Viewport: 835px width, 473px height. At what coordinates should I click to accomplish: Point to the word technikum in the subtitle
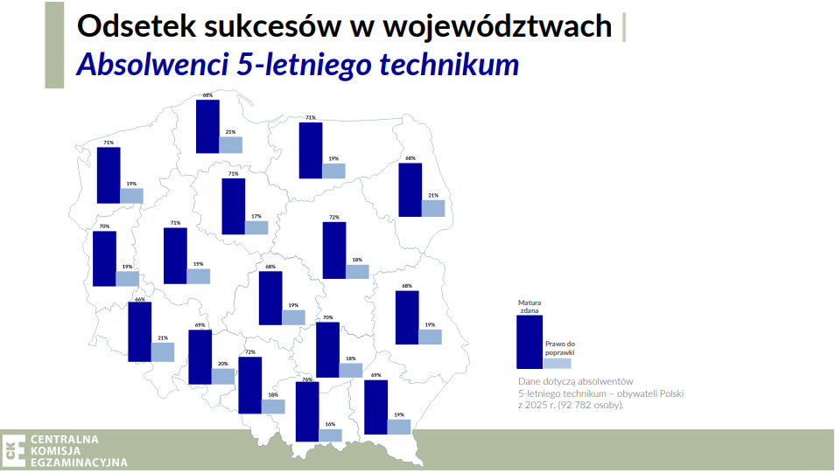pos(449,65)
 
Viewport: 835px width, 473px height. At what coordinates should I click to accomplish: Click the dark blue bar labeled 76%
pos(306,412)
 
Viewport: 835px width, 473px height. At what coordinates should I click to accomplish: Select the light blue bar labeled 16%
pos(330,435)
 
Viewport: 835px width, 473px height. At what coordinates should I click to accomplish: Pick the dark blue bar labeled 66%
pos(139,332)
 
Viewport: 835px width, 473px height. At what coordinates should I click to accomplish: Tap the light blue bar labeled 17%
pos(256,227)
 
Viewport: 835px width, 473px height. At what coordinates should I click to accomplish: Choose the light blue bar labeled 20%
pos(223,376)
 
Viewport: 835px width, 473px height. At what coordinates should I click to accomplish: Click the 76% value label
pos(307,379)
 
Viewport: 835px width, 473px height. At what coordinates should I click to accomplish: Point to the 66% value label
pos(139,299)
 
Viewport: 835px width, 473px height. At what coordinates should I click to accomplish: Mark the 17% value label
pos(256,216)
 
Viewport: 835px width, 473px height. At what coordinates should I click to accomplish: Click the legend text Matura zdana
pos(530,307)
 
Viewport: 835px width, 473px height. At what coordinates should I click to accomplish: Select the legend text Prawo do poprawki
pos(558,348)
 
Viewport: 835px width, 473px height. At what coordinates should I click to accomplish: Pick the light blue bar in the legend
pos(558,363)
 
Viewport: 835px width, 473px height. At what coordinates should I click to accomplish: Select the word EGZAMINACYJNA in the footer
pos(79,463)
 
